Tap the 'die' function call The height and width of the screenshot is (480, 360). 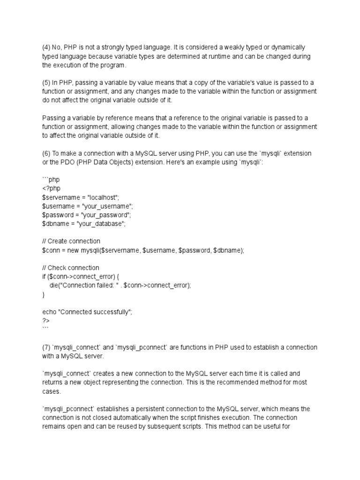[x=54, y=285]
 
